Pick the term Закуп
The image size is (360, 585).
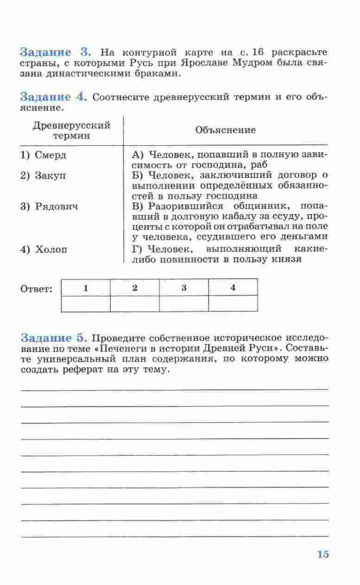(50, 176)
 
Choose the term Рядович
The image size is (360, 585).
(56, 206)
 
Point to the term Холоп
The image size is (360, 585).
(51, 249)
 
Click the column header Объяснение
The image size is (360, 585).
(225, 130)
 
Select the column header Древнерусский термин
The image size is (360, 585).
(71, 131)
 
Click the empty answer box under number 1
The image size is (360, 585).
(86, 303)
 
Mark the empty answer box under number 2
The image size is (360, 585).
(135, 303)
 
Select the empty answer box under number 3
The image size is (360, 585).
(184, 303)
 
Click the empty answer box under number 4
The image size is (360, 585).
(233, 303)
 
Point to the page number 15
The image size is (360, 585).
(323, 554)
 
